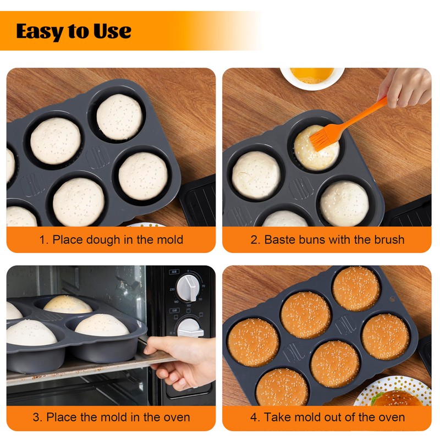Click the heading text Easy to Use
coord(74,31)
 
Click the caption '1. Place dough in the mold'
coord(111,240)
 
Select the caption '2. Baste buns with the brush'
coord(327,240)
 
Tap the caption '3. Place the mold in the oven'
coord(111,417)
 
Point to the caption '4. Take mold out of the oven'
coord(327,417)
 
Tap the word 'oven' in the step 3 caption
coord(175,417)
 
